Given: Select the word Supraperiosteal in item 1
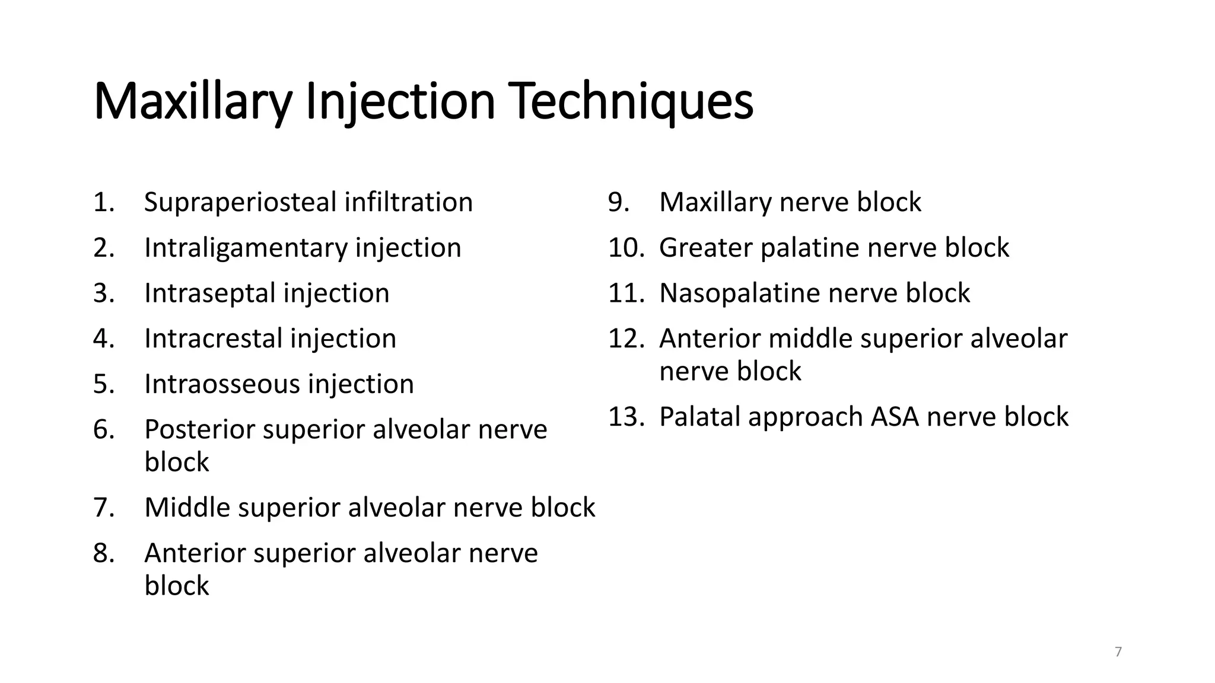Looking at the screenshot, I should [x=240, y=203].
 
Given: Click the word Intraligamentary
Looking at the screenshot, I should [x=246, y=248].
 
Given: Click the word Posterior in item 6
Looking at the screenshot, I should [x=199, y=430].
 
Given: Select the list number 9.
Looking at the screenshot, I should [x=618, y=203].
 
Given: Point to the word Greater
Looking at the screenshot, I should [x=705, y=248].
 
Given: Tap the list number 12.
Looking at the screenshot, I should [x=626, y=339].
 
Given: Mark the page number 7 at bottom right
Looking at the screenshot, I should [x=1118, y=652].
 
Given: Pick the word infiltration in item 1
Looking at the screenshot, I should [x=408, y=203].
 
